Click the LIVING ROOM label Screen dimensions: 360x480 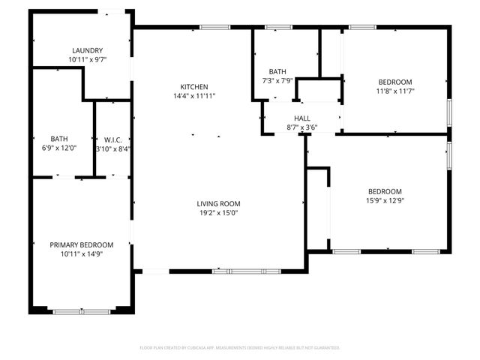tap(218, 203)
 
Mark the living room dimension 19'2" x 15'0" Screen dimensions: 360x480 tap(218, 212)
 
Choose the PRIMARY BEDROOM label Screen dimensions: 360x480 tap(82, 245)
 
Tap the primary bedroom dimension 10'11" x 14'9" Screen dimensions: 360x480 tap(82, 254)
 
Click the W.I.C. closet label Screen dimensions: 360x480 tap(112, 139)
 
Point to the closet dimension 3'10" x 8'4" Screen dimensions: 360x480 tap(112, 148)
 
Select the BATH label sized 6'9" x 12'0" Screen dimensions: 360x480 tap(59, 139)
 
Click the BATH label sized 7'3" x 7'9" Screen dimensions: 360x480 tap(277, 71)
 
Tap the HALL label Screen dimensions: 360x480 tap(301, 118)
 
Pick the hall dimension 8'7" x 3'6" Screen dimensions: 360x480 tap(301, 127)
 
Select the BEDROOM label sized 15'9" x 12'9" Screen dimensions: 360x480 tap(385, 191)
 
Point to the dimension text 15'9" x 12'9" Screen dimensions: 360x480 tap(385, 200)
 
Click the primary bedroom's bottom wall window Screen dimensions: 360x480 tap(76, 310)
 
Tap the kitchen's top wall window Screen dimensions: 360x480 tap(214, 28)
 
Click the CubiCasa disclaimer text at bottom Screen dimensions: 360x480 tap(240, 348)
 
